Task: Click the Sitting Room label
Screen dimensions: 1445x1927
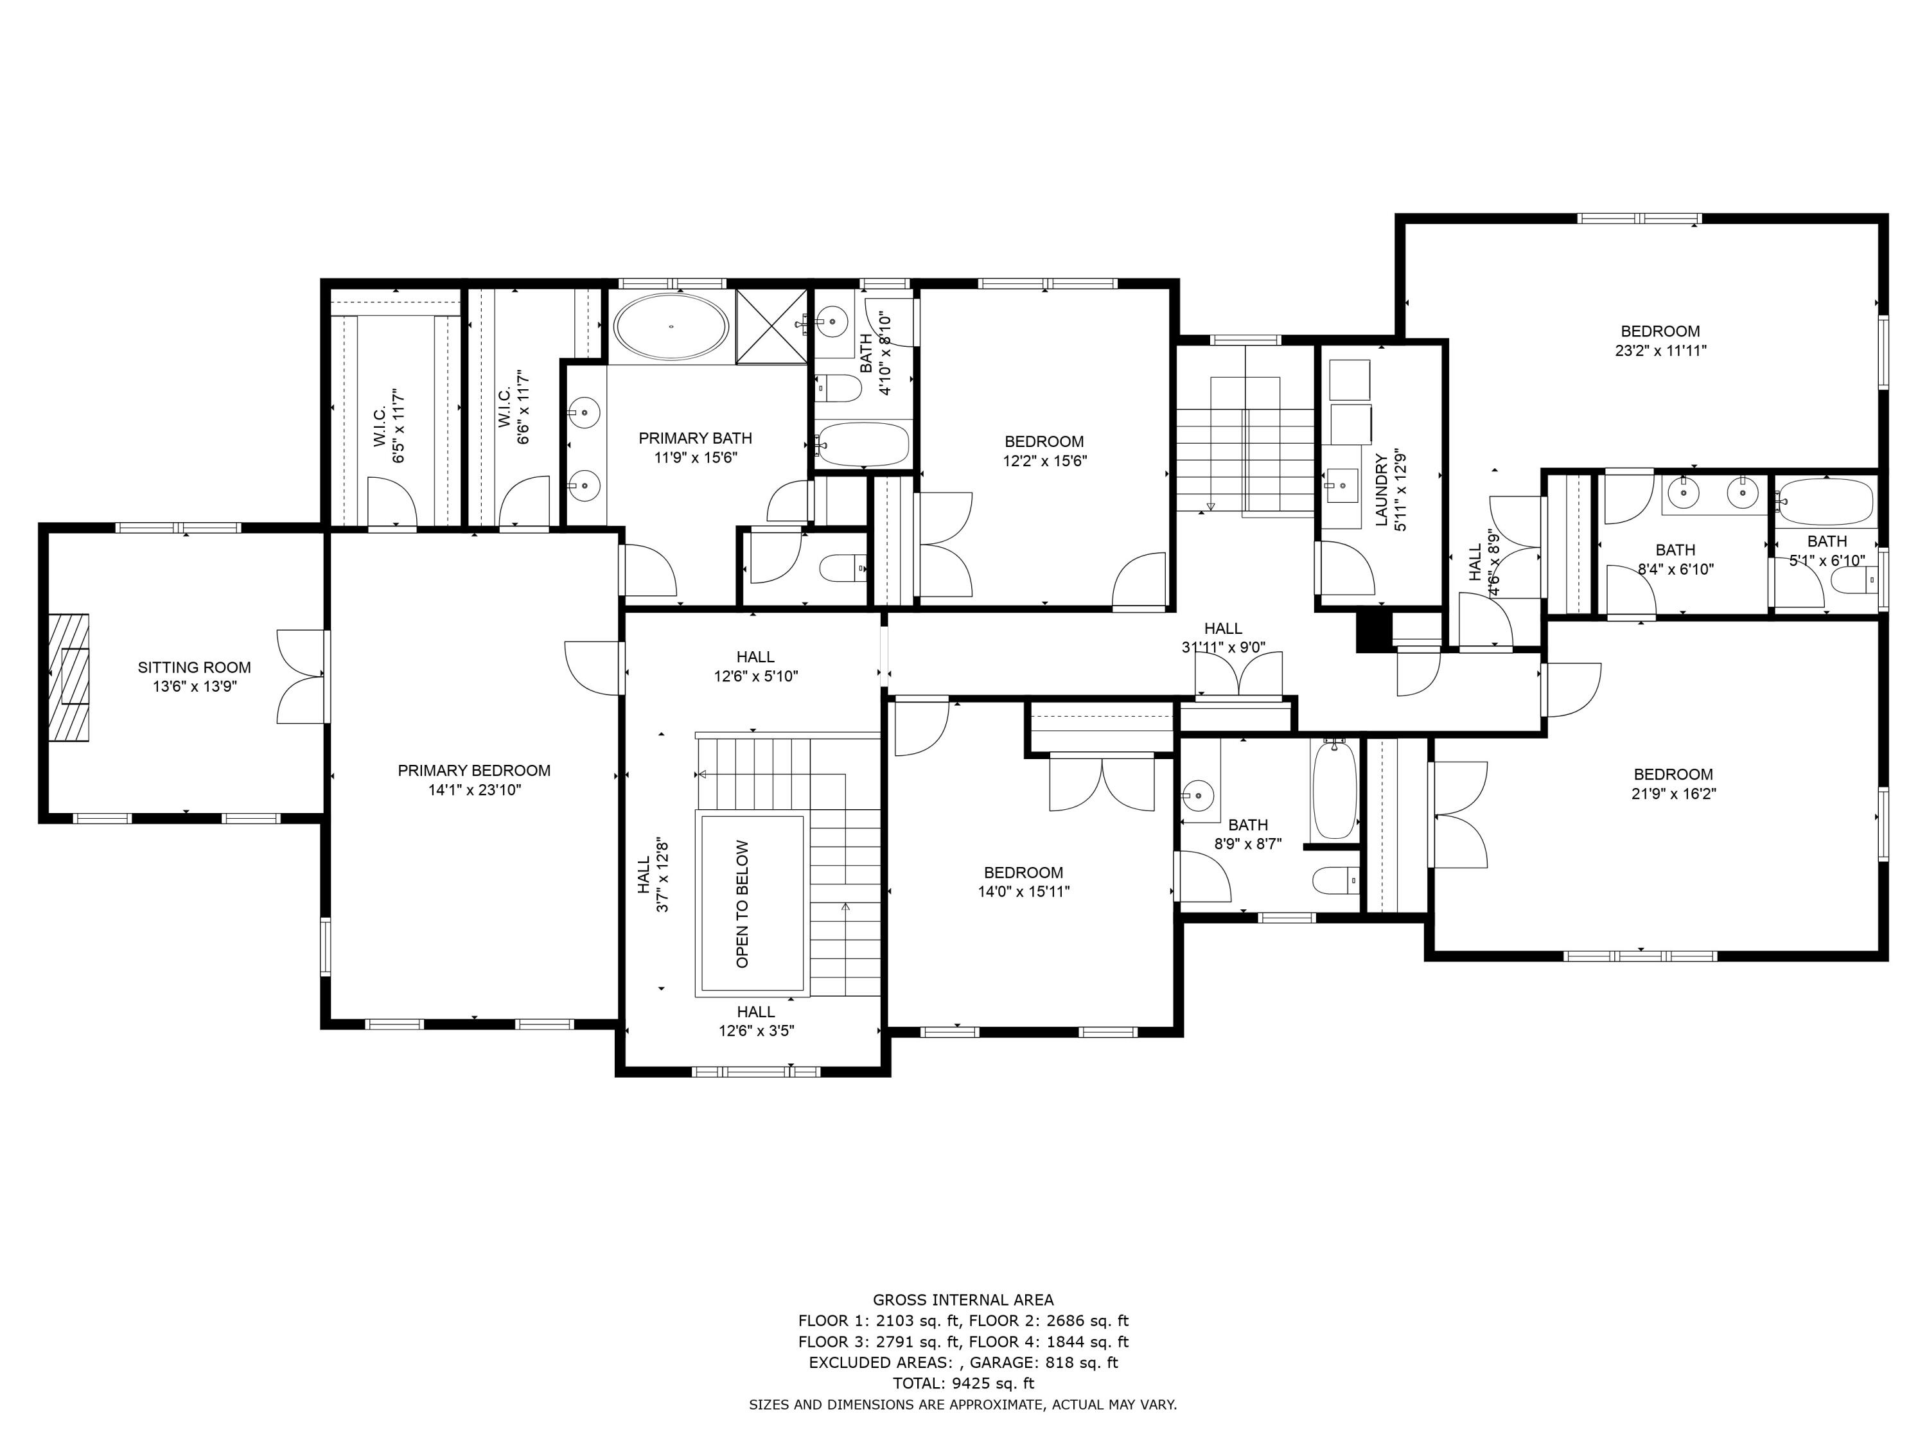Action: point(193,667)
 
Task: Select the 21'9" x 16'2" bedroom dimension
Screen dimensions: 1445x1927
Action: point(1673,794)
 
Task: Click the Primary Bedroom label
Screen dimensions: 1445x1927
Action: point(474,770)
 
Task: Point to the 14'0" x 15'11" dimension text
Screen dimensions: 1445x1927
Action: point(1024,891)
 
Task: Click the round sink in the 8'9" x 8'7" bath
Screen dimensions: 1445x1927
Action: point(1199,795)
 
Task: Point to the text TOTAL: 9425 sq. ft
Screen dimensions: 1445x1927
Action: point(963,1383)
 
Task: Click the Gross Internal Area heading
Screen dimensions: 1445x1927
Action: point(963,1300)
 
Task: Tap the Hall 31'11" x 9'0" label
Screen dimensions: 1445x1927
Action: point(1223,628)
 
